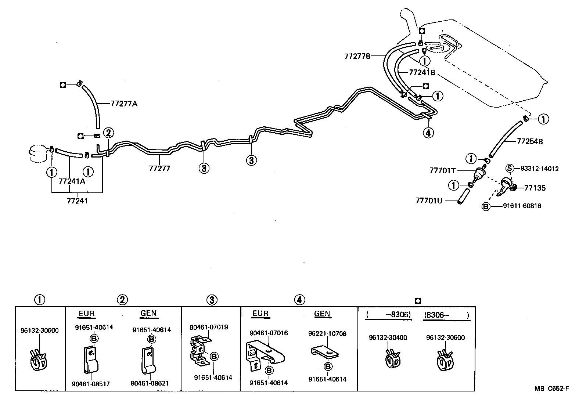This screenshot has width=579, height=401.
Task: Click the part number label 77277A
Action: tap(124, 104)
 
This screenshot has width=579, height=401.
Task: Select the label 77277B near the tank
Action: tap(357, 56)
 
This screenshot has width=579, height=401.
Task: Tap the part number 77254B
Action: tap(530, 141)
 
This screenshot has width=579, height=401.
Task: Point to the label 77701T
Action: tap(442, 170)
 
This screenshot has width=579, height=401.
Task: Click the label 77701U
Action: tap(429, 201)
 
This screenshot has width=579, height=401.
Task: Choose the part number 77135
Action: tap(535, 188)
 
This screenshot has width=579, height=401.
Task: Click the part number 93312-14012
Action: tap(539, 169)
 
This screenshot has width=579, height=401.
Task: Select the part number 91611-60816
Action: tap(522, 206)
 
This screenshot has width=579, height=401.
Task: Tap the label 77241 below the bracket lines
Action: tap(78, 201)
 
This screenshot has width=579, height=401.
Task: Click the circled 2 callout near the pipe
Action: tap(108, 133)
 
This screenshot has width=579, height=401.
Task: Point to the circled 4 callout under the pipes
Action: tap(428, 132)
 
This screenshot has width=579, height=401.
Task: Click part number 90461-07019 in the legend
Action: tap(209, 327)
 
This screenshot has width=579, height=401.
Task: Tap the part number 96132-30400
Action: tap(388, 337)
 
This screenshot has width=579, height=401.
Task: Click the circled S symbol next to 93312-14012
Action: tap(509, 169)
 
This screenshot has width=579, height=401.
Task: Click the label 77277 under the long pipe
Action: tap(159, 169)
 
